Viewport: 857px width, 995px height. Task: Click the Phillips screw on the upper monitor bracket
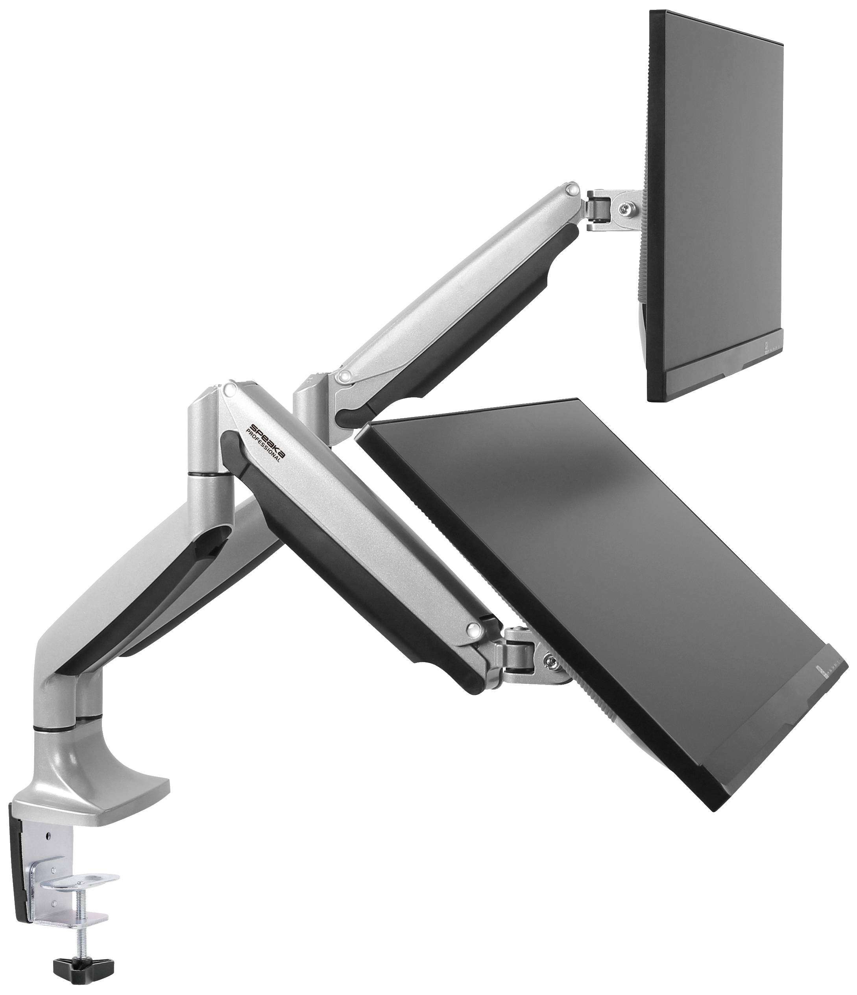624,209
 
